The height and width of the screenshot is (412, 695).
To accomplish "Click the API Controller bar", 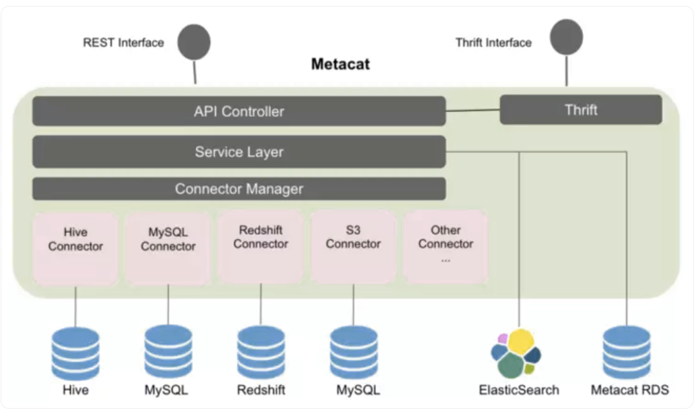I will [x=239, y=111].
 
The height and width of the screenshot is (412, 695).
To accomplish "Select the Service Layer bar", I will [x=239, y=152].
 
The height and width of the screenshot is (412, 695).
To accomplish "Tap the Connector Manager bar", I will [x=239, y=189].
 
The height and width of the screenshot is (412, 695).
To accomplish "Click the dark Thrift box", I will [x=580, y=109].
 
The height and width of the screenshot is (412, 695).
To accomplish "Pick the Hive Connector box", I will [x=76, y=248].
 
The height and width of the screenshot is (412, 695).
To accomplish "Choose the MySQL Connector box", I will [x=168, y=248].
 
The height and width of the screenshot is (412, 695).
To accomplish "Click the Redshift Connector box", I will [x=261, y=247].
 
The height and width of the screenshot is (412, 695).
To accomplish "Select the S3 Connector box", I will [x=353, y=247].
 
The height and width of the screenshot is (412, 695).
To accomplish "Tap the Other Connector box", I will [x=446, y=247].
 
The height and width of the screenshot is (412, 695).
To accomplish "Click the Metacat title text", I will [x=340, y=65].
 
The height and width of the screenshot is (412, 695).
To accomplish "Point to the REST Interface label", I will [x=123, y=43].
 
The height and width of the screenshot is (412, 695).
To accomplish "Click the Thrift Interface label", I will [x=493, y=43].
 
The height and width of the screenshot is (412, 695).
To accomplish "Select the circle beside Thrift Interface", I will [x=567, y=36].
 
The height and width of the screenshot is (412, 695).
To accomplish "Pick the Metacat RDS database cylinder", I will [x=627, y=353].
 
